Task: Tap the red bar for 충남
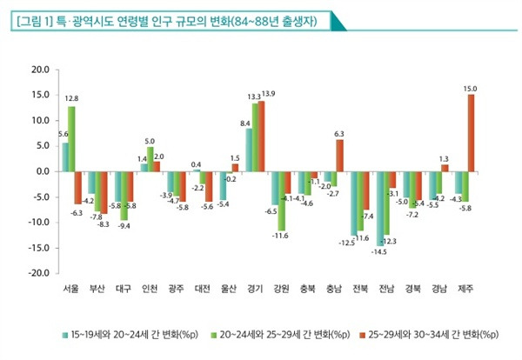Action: pyautogui.click(x=339, y=155)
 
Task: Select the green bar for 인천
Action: pyautogui.click(x=151, y=158)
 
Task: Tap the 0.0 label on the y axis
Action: pyautogui.click(x=38, y=171)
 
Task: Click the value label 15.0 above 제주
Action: pyautogui.click(x=471, y=88)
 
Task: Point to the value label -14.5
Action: pyautogui.click(x=378, y=252)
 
